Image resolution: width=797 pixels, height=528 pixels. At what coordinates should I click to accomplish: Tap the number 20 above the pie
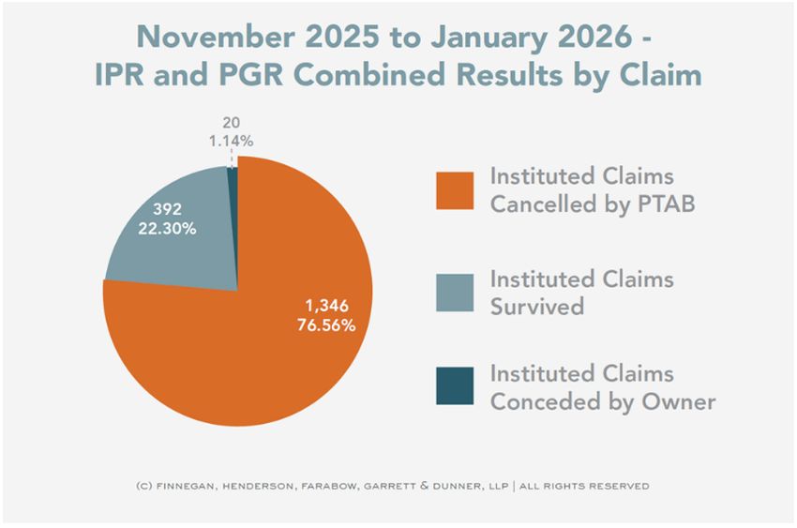(x=232, y=123)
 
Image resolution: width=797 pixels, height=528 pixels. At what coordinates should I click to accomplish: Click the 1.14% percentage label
(x=231, y=142)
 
